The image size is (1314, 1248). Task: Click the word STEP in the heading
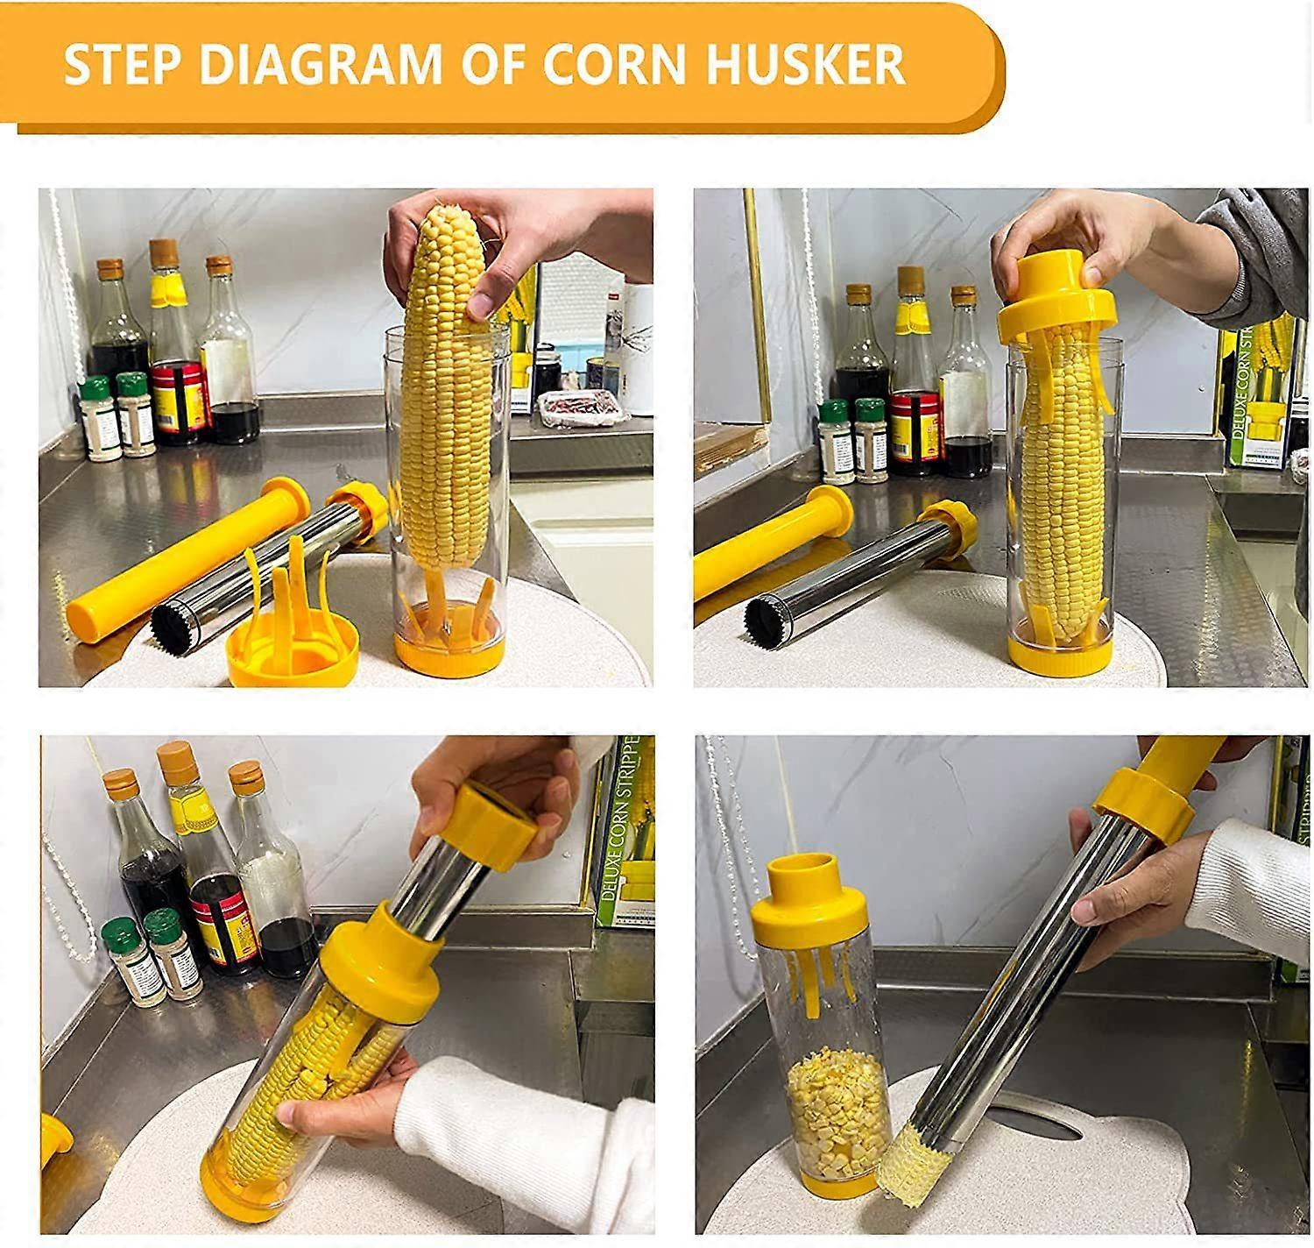pyautogui.click(x=124, y=64)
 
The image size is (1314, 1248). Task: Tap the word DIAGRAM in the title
pyautogui.click(x=320, y=64)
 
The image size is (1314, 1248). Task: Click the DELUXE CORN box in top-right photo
pyautogui.click(x=1259, y=394)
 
